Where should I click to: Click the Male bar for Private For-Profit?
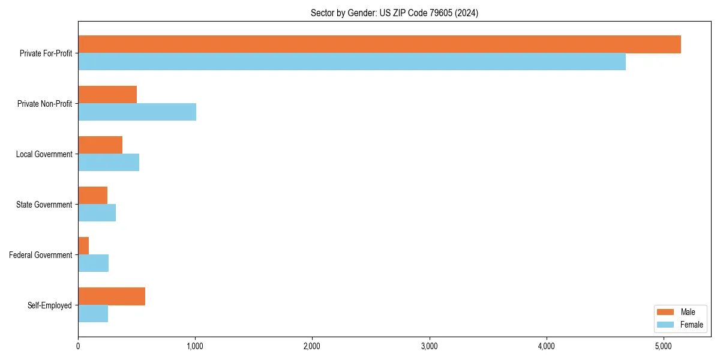379,44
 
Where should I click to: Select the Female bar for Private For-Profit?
352,61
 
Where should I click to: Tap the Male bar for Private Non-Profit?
107,95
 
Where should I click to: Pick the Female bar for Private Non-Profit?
137,112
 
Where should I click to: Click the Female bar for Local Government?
109,162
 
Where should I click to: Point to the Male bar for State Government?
93,196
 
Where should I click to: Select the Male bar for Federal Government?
83,246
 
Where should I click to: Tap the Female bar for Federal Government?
94,263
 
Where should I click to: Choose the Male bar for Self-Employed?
112,296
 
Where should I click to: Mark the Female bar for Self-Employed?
93,313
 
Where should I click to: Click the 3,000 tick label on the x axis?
429,346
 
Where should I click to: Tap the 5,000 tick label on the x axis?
663,346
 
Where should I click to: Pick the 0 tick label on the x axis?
78,346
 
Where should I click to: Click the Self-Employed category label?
50,305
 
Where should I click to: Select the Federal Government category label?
41,255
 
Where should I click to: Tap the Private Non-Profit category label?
44,104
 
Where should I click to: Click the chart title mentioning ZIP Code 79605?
394,13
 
